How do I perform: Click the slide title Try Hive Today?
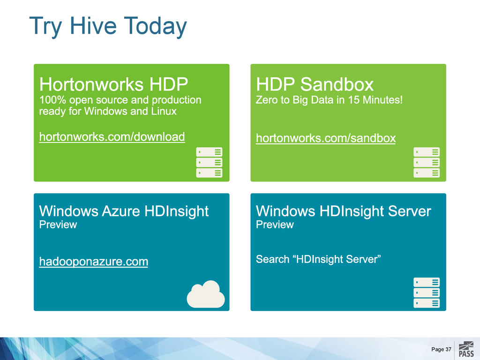point(108,26)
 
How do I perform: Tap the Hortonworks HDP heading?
point(113,84)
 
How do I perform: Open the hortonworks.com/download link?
point(112,137)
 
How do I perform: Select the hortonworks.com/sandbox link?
point(326,138)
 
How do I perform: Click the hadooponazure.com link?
point(94,262)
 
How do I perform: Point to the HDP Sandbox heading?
point(315,84)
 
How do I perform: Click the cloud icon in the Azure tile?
point(206,294)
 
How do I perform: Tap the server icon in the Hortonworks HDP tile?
point(209,162)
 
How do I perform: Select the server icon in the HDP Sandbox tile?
point(427,162)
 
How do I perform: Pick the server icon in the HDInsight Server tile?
point(427,292)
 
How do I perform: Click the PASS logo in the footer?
point(466,349)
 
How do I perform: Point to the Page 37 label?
point(442,349)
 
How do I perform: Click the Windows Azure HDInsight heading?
point(124,211)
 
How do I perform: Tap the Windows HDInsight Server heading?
point(344,211)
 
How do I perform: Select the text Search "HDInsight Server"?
point(318,259)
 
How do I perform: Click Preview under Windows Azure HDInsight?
point(58,225)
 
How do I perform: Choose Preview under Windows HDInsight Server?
point(275,225)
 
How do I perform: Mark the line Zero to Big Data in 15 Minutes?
point(329,100)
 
